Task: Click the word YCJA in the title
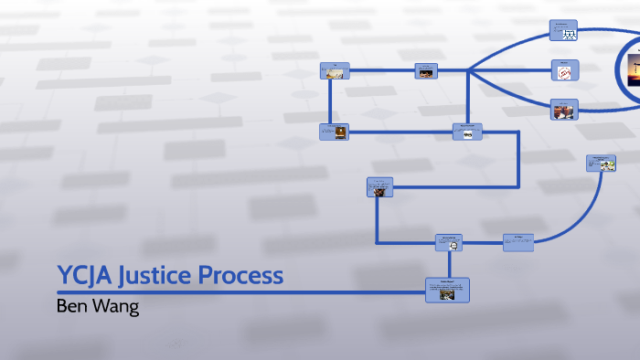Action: [84, 275]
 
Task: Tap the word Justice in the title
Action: [161, 275]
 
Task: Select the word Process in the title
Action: [246, 275]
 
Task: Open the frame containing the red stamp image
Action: [564, 69]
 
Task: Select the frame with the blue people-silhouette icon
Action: [564, 30]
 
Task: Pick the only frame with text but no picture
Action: [517, 241]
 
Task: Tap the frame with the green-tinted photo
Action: [601, 164]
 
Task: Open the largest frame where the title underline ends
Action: [447, 291]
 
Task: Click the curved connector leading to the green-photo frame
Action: [591, 206]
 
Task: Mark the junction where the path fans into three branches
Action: [468, 70]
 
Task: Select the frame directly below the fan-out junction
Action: [467, 132]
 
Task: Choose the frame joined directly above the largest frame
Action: [448, 242]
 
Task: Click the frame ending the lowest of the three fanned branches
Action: [563, 110]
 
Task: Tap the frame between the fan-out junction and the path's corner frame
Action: [426, 70]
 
